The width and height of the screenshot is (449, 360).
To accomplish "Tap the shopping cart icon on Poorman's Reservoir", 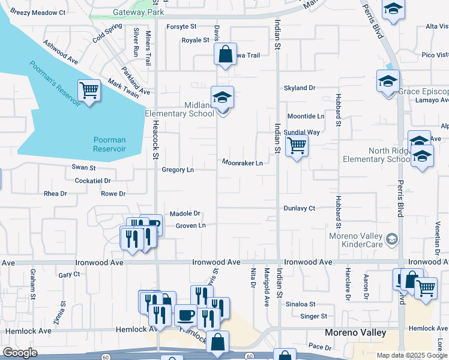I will tap(89, 91).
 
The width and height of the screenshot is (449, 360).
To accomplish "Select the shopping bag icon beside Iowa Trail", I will tap(224, 54).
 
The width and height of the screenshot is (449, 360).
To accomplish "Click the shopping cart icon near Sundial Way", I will tap(297, 145).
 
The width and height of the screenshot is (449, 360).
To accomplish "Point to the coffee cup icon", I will tap(186, 314).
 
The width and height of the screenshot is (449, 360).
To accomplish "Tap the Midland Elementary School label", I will tap(179, 109).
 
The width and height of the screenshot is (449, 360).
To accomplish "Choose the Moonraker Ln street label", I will tap(243, 163).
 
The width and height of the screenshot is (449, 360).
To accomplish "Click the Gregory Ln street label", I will tap(178, 170).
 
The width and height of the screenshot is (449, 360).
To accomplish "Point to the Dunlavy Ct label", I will tap(300, 208).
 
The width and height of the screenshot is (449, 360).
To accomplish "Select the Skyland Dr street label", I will tap(300, 88).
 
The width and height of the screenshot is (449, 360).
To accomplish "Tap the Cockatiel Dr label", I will tap(93, 180).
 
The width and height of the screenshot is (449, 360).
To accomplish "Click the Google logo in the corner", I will tap(19, 353).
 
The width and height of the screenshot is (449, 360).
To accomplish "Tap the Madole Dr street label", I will tap(184, 214).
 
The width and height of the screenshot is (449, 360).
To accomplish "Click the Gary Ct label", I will tap(70, 274).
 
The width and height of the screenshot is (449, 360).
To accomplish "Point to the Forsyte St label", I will tap(181, 26).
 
